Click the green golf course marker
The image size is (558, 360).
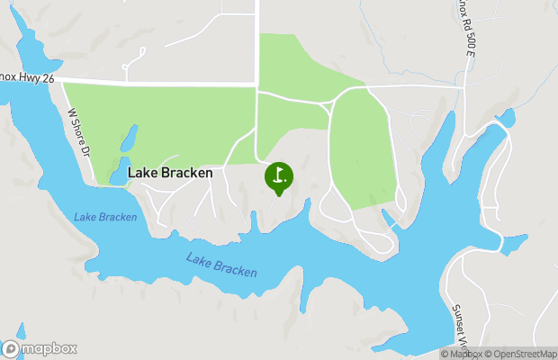tap(278, 175)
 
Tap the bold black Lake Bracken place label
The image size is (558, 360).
tap(170, 172)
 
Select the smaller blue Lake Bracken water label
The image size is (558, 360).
tap(105, 217)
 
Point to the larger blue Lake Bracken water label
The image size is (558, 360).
tap(221, 265)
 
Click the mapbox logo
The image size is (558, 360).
tap(40, 348)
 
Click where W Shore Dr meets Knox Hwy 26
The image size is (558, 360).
tap(62, 83)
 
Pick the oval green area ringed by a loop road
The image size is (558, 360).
tap(362, 148)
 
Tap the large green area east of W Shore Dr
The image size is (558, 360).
tap(162, 121)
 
